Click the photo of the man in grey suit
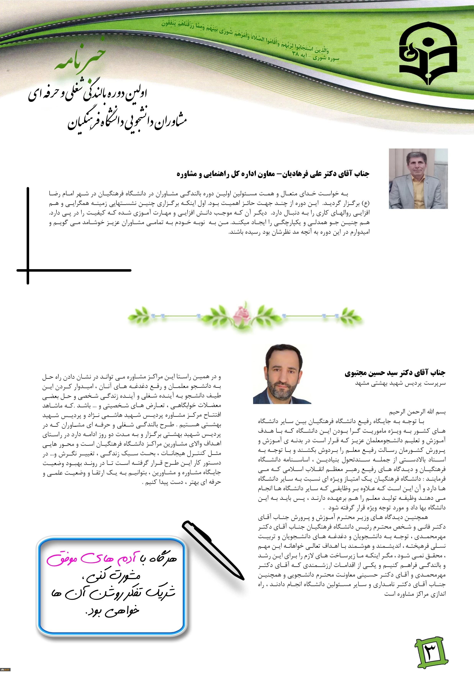[x=418, y=178]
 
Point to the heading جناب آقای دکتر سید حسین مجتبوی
[x=395, y=373]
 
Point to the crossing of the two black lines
[x=28, y=270]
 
